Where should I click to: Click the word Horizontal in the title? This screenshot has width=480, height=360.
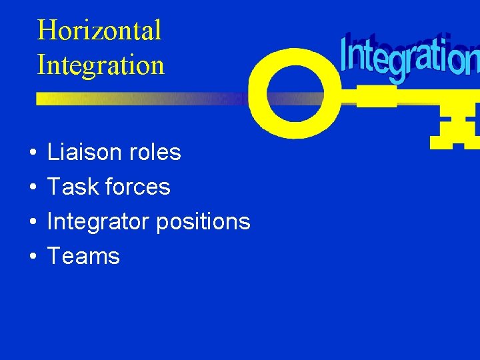point(99,31)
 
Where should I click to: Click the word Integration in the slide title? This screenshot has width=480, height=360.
point(101,65)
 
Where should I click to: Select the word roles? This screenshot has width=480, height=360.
point(156,152)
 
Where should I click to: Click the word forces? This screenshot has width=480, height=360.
point(137,187)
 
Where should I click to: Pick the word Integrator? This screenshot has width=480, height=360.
point(99,221)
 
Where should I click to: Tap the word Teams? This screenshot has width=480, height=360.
point(83,256)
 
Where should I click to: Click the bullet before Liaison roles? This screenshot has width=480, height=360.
point(33,153)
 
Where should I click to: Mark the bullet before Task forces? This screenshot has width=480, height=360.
point(33,188)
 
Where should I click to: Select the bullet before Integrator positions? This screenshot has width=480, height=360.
point(33,223)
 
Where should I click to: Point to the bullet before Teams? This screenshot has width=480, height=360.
point(33,257)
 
